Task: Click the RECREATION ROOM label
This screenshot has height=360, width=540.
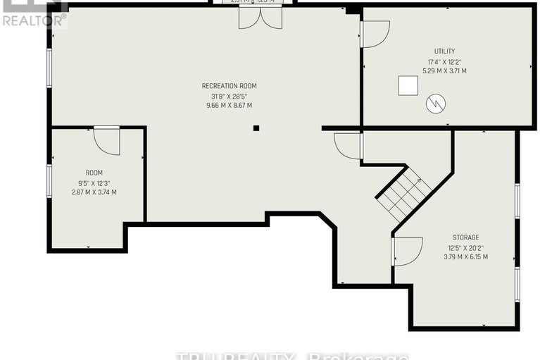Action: pyautogui.click(x=226, y=86)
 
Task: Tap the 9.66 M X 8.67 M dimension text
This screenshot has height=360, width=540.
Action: pyautogui.click(x=226, y=106)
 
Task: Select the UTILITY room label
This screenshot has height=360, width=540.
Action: pyautogui.click(x=444, y=51)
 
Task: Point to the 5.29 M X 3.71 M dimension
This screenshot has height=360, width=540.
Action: pyautogui.click(x=444, y=71)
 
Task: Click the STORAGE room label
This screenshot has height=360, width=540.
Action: pyautogui.click(x=465, y=237)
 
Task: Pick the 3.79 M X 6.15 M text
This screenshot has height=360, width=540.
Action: pyautogui.click(x=465, y=257)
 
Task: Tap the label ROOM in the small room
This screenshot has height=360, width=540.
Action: pyautogui.click(x=94, y=173)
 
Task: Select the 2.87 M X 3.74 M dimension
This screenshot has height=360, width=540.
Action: pyautogui.click(x=94, y=192)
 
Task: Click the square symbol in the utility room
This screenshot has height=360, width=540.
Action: pyautogui.click(x=408, y=85)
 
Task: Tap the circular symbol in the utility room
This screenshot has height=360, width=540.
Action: pyautogui.click(x=436, y=104)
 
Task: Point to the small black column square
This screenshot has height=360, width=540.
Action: pyautogui.click(x=256, y=128)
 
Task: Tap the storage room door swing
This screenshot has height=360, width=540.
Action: pyautogui.click(x=406, y=251)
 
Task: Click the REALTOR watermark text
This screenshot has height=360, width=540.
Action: pyautogui.click(x=34, y=20)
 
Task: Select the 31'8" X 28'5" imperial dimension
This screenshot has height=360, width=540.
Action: pyautogui.click(x=226, y=96)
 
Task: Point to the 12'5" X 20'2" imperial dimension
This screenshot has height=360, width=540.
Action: pyautogui.click(x=465, y=247)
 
